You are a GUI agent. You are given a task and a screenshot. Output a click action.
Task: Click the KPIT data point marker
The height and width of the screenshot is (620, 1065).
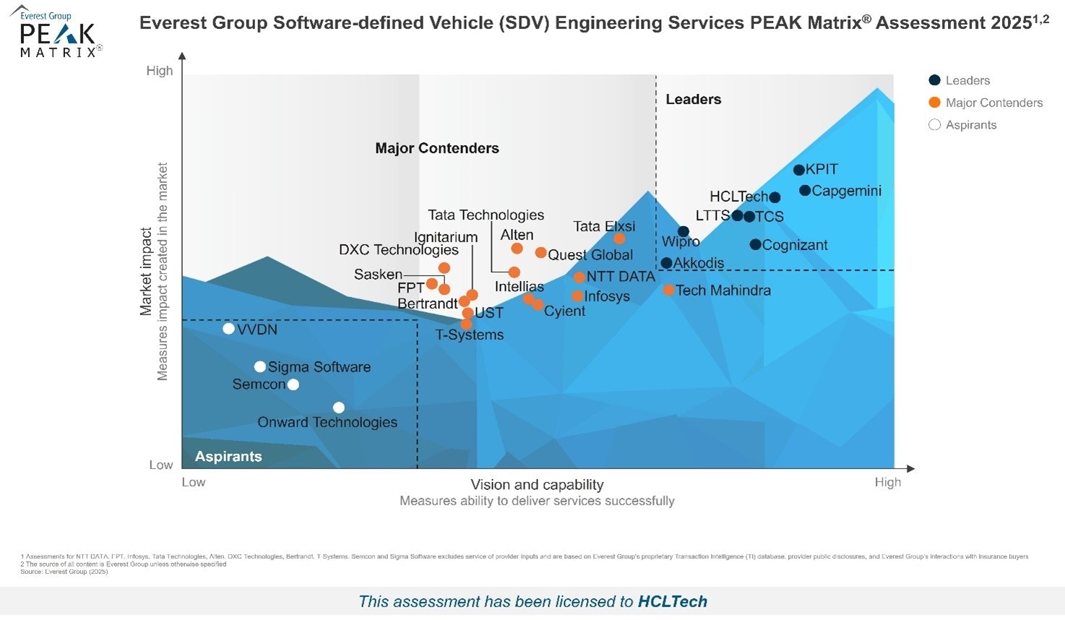(798, 171)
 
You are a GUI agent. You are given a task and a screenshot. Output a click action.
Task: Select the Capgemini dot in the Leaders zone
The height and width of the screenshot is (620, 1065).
(805, 191)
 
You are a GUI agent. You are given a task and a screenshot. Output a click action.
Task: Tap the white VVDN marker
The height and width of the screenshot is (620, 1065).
(228, 329)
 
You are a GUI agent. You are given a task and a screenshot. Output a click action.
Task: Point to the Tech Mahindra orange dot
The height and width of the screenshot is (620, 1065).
(669, 290)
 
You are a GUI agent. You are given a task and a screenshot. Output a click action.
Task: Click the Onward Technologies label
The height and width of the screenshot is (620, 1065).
(327, 423)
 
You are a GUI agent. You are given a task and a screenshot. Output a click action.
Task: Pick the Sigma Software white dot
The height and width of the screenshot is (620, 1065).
(260, 367)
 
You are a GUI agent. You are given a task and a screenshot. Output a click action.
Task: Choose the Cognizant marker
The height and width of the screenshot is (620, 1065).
(755, 245)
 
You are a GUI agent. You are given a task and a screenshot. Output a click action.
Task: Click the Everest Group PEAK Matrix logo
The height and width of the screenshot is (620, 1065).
(56, 33)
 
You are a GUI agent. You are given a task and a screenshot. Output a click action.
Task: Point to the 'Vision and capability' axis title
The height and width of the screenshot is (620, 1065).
(537, 485)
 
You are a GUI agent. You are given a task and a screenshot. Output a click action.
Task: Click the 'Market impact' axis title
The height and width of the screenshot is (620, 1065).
(147, 271)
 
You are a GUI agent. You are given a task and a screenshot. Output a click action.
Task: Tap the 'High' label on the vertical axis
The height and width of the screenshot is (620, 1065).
(160, 71)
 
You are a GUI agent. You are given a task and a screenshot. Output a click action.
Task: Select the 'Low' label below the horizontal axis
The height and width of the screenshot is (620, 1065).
(194, 482)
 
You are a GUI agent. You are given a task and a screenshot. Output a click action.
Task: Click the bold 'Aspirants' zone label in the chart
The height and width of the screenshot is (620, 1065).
(228, 457)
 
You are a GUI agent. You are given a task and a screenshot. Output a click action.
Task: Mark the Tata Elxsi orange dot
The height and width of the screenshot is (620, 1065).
(619, 239)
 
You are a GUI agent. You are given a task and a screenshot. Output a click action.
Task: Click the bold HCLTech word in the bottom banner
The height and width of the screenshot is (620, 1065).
(672, 602)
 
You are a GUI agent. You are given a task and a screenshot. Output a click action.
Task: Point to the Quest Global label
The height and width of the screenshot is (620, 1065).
(590, 255)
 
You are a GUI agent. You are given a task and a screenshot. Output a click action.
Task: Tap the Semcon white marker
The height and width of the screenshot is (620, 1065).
(293, 384)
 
